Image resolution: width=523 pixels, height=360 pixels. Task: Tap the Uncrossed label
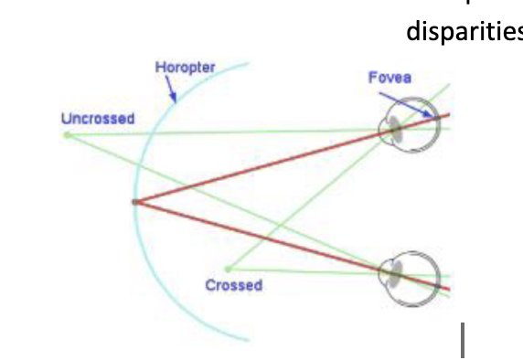98,119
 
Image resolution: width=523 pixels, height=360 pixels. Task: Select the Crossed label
233,286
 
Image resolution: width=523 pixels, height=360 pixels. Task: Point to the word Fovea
390,79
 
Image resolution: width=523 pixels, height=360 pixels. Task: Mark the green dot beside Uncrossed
67,135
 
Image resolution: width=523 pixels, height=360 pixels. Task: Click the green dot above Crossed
229,269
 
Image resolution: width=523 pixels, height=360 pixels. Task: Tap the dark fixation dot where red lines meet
135,201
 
